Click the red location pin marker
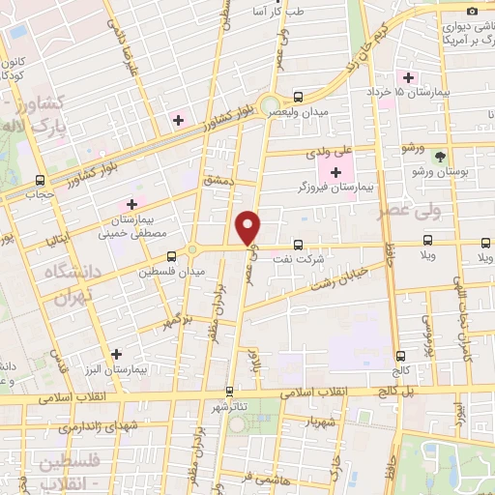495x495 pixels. pyautogui.click(x=248, y=226)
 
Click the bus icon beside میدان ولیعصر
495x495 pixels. pyautogui.click(x=298, y=97)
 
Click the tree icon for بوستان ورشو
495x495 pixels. pyautogui.click(x=441, y=157)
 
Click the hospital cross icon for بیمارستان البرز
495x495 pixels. pyautogui.click(x=117, y=354)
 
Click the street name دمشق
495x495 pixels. pyautogui.click(x=219, y=181)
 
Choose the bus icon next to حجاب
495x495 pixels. pyautogui.click(x=40, y=180)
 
